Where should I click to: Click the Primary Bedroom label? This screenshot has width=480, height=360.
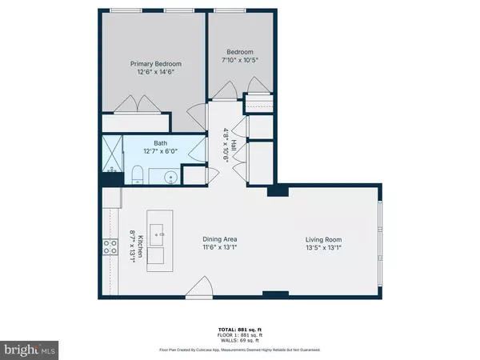157,63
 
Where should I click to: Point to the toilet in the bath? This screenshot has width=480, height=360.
138,174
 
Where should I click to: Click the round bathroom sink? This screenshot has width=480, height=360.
170,176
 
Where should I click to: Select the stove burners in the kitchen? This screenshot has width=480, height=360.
107,249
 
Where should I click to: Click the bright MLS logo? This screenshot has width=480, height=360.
30,349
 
